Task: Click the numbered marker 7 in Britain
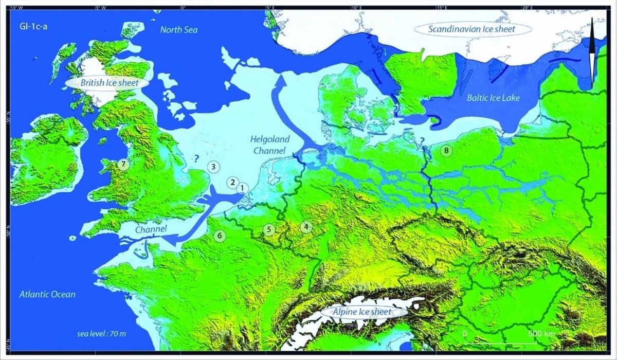(x=122, y=165)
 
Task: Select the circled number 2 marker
(x=232, y=183)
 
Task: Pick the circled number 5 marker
(x=268, y=229)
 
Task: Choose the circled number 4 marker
(x=306, y=226)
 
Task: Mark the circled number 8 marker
(x=446, y=151)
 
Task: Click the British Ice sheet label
(x=107, y=83)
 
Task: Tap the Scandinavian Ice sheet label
(x=472, y=29)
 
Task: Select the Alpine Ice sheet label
(x=363, y=312)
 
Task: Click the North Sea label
(x=178, y=30)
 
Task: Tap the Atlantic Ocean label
(x=47, y=295)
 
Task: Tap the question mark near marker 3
(x=196, y=158)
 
